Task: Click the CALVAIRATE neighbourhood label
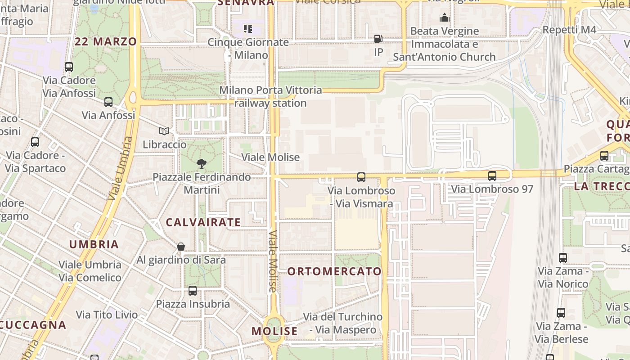click(x=203, y=222)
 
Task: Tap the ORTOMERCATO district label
click(x=334, y=271)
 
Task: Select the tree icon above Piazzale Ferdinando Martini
click(x=202, y=164)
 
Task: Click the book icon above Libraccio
click(x=165, y=131)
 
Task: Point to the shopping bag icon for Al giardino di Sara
click(x=181, y=247)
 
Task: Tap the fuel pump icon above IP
click(x=378, y=39)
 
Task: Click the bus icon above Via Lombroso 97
click(x=492, y=176)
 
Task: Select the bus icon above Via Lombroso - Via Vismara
click(x=361, y=177)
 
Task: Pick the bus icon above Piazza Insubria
click(x=193, y=291)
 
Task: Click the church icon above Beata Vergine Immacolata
click(x=445, y=18)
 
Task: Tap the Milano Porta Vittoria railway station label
click(x=270, y=97)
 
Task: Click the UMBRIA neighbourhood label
click(x=94, y=244)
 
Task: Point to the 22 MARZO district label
click(x=106, y=42)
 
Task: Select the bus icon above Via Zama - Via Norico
click(x=563, y=258)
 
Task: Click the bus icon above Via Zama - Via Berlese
click(x=561, y=313)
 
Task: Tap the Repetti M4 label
click(x=569, y=30)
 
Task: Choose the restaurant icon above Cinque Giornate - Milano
click(x=248, y=29)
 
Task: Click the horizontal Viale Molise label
click(x=270, y=157)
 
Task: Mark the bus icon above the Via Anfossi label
click(x=108, y=102)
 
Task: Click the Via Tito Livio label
click(x=107, y=315)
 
